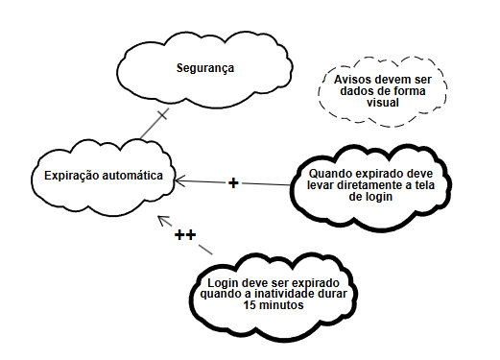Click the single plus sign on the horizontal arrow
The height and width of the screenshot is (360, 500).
[x=233, y=182]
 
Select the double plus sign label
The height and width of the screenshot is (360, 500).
[x=185, y=235]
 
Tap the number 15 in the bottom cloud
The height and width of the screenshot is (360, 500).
[x=250, y=306]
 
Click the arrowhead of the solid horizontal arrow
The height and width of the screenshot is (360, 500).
[x=178, y=180]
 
